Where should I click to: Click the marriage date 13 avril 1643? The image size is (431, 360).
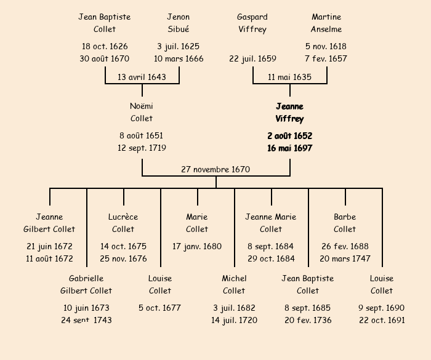click(x=142, y=77)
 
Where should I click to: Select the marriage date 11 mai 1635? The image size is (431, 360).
click(x=289, y=77)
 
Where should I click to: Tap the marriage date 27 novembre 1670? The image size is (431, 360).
click(x=216, y=169)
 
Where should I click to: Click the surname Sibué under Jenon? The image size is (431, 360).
click(x=179, y=29)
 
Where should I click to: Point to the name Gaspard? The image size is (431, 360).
click(x=252, y=17)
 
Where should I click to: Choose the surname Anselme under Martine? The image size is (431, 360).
click(x=326, y=29)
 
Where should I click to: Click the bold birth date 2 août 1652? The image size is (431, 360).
click(x=289, y=135)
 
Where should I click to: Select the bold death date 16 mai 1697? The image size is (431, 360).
click(x=289, y=148)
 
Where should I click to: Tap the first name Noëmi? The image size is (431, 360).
click(x=142, y=106)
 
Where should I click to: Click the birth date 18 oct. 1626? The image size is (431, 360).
click(x=105, y=46)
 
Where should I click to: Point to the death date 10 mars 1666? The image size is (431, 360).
click(x=179, y=59)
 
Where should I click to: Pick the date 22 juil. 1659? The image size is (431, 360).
click(x=252, y=59)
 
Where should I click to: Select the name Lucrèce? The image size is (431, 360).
click(x=123, y=217)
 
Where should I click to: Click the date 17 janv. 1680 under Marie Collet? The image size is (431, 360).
click(x=197, y=246)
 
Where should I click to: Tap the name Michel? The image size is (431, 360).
click(x=234, y=278)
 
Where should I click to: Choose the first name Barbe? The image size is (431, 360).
click(x=345, y=217)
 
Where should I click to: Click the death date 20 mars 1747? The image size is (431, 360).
click(x=345, y=259)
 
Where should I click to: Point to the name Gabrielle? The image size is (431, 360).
click(x=86, y=278)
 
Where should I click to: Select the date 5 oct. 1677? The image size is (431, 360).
click(x=160, y=308)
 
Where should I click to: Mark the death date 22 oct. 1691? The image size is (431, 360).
click(x=382, y=321)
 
